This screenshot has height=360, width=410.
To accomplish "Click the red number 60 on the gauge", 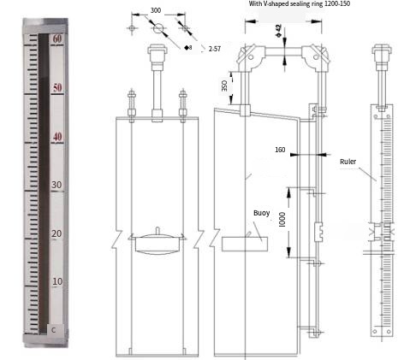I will [57, 39].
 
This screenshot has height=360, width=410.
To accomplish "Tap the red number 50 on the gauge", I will [57, 88].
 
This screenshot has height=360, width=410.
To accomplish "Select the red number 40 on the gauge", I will [57, 137].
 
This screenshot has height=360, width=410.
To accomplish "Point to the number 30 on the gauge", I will [57, 185].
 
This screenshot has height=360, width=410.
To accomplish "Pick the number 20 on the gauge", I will [57, 233].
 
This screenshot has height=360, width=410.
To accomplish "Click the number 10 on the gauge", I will [57, 281].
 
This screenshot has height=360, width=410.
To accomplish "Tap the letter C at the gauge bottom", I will [54, 328].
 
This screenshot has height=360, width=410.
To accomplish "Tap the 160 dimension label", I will [280, 150].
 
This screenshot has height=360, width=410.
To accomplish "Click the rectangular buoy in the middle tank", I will [248, 244].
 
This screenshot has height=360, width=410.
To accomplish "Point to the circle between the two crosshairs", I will [157, 28].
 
